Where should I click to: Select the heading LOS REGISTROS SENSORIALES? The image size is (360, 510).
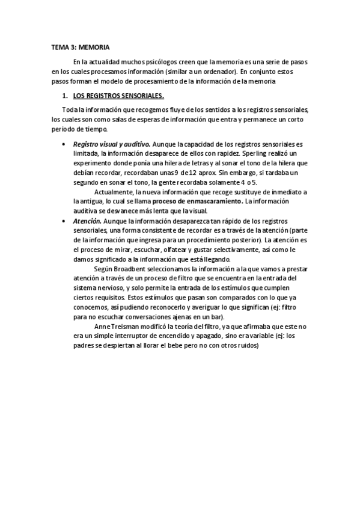118,96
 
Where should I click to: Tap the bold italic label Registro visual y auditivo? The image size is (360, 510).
111,144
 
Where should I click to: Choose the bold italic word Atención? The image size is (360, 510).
87,221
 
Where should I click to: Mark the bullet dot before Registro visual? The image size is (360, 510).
64,145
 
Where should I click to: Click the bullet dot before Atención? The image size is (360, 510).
64,221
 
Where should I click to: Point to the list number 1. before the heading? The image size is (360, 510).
66,96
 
